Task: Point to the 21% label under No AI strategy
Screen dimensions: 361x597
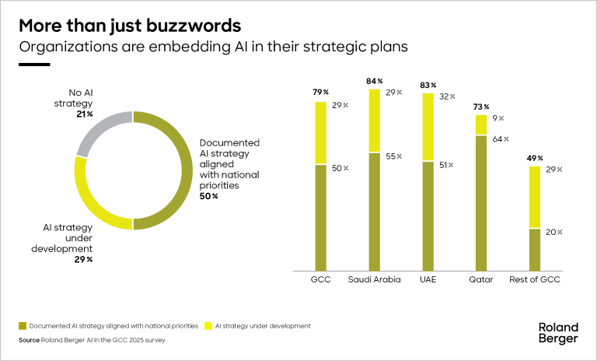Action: point(85,114)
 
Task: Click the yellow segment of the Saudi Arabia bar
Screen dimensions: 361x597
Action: point(374,121)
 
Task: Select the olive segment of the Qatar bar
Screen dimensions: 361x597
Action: point(480,202)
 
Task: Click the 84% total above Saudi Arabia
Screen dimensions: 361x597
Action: point(374,81)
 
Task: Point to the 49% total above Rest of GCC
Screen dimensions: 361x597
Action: point(534,158)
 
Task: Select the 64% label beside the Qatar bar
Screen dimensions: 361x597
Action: point(501,139)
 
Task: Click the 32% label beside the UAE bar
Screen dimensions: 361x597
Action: point(447,97)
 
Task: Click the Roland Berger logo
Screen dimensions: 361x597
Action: point(558,332)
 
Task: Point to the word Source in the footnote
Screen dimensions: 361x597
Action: point(30,340)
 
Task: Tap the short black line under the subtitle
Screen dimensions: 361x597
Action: point(34,65)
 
